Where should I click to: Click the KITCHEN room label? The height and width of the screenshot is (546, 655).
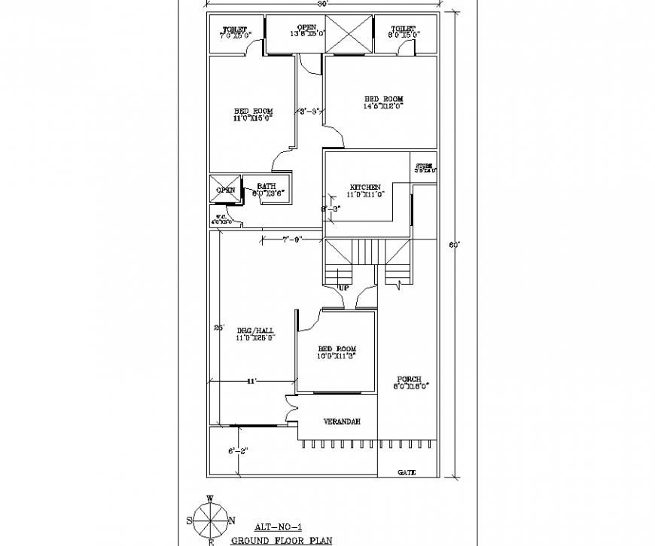(x=365, y=188)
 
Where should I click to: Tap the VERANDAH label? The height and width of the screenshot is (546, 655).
(x=341, y=422)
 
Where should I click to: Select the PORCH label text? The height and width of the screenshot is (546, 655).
(x=410, y=380)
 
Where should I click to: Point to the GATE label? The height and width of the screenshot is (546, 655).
(x=407, y=472)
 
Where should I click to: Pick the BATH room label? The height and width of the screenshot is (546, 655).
(x=267, y=186)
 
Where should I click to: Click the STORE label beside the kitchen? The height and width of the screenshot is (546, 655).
(x=425, y=165)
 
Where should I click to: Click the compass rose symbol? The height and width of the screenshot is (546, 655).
(x=212, y=518)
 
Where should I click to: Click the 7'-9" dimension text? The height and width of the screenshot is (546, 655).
(x=293, y=239)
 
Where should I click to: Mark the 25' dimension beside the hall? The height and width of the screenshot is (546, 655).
(x=219, y=328)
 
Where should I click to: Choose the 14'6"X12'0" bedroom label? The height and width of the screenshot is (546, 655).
(x=384, y=103)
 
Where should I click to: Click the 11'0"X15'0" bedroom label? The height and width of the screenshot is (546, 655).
(x=252, y=114)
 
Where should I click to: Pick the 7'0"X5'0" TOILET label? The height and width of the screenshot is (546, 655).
(x=234, y=32)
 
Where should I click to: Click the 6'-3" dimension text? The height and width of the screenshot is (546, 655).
(x=239, y=452)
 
